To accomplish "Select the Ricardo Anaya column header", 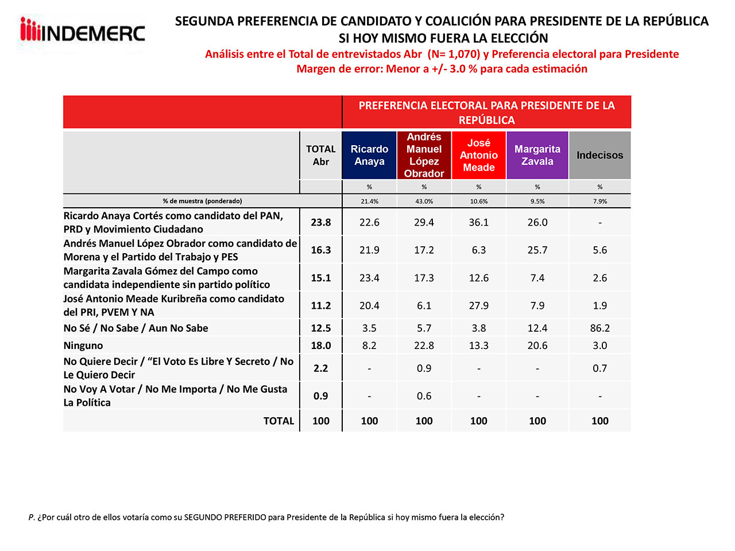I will coord(369,155).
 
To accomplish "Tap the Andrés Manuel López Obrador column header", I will coord(424,155).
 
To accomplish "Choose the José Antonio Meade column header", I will coord(479,155).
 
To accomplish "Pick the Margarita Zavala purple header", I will coord(537,155).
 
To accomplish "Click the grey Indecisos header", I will coord(599,155).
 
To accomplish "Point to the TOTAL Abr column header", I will coord(320,155).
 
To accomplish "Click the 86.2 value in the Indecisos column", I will coord(599,328).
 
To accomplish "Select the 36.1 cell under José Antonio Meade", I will coord(479,222).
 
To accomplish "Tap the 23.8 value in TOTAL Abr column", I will coord(320,222).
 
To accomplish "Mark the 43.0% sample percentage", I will coord(424,201).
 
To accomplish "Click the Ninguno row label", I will coord(83,346).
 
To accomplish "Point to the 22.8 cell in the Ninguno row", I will coord(424,346).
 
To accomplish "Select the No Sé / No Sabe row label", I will coord(136,328).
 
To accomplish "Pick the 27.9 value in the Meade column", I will coord(479,305).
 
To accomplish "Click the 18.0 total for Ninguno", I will coord(320,346).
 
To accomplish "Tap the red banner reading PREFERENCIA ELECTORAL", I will coord(486,112).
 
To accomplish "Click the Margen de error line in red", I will coord(442,69).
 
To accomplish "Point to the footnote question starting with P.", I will coord(266,517).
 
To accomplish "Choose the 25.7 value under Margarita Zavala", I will coord(537,250).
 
